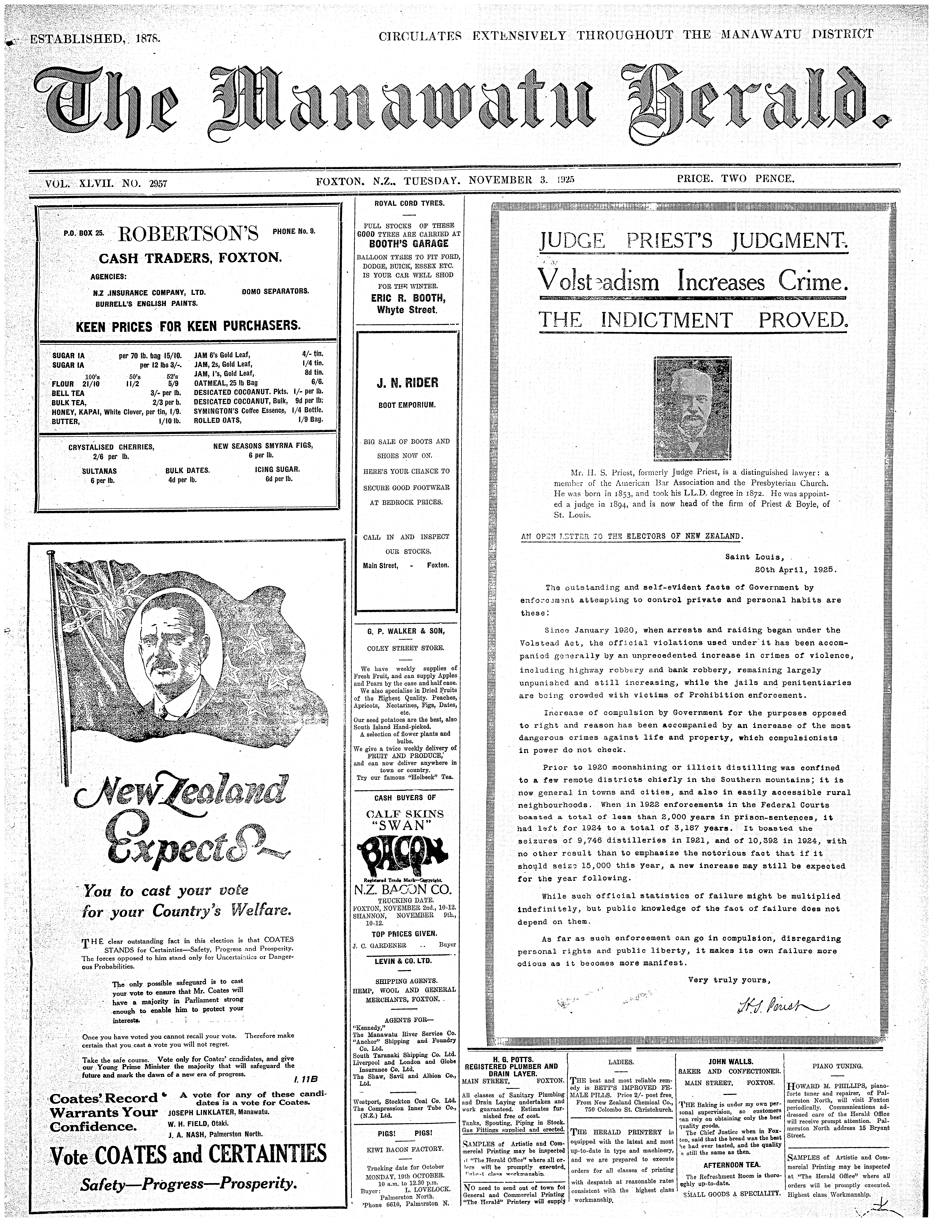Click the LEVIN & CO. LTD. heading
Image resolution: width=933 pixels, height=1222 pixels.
click(404, 961)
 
